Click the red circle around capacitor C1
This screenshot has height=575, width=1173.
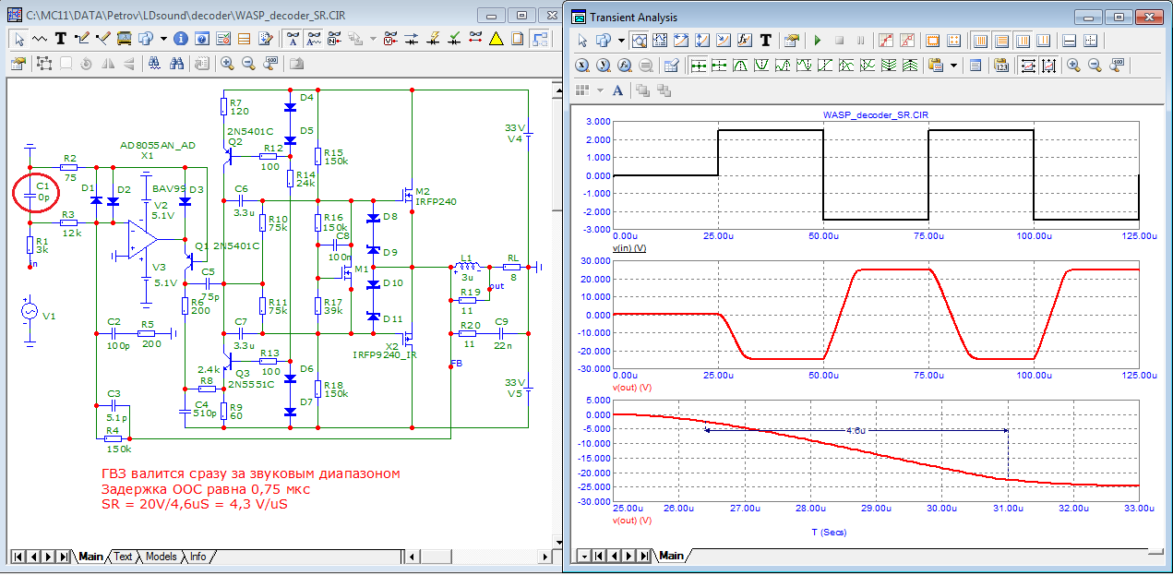coord(14,193)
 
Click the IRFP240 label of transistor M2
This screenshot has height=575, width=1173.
coord(436,201)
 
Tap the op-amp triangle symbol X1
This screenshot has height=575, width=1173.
coord(142,239)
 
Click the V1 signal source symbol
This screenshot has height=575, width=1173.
coord(30,311)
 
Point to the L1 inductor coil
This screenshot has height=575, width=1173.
coord(467,267)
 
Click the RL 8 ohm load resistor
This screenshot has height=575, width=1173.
coord(511,267)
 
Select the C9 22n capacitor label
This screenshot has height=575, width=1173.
coord(502,333)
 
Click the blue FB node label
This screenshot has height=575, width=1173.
coord(457,363)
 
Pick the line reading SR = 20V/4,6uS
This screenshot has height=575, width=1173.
coord(195,504)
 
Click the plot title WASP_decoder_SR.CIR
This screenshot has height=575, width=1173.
coord(876,114)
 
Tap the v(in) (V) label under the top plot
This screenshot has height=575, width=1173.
coord(628,247)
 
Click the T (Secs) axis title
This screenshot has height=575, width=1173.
coord(829,532)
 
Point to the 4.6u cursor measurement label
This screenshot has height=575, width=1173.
coord(856,430)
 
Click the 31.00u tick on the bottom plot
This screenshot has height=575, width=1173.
coord(1008,508)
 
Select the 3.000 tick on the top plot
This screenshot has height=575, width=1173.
coord(598,122)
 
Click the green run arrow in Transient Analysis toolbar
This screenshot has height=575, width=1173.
coord(818,41)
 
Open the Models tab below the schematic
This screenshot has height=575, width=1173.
coord(161,557)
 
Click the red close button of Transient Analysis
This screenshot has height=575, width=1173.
coord(1149,18)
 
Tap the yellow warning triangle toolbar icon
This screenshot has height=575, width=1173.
coord(496,39)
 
